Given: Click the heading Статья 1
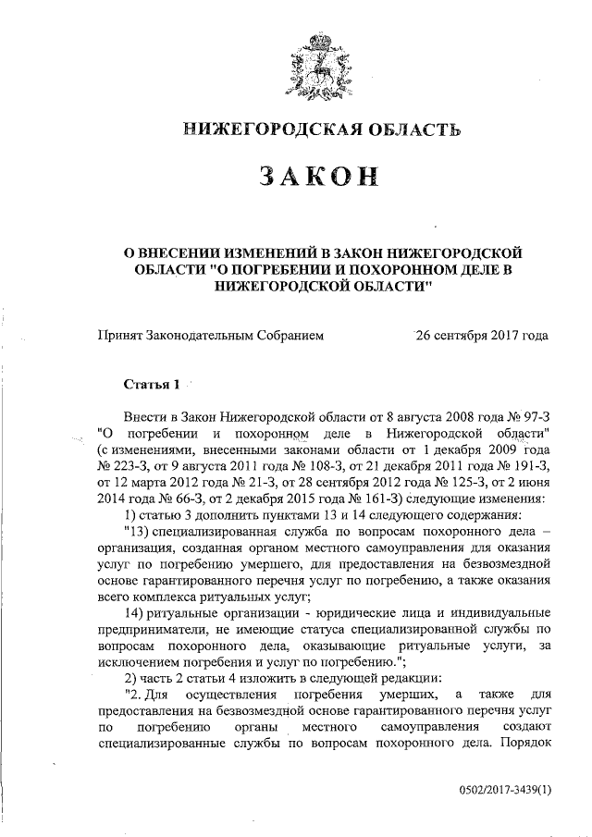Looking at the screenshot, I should [x=147, y=383].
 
